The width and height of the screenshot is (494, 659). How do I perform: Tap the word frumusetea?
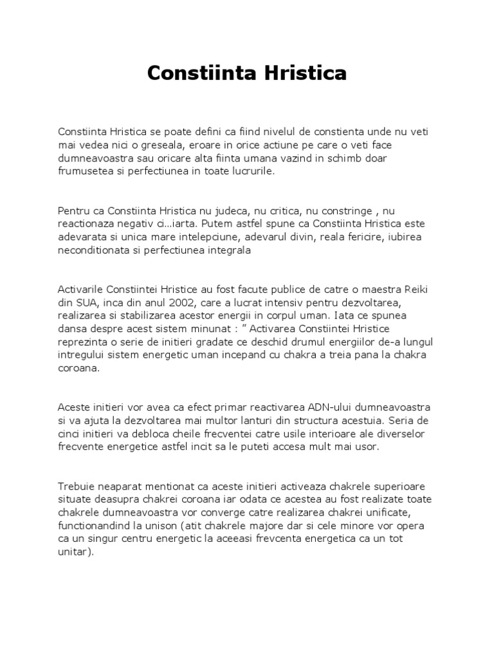[x=86, y=172]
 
